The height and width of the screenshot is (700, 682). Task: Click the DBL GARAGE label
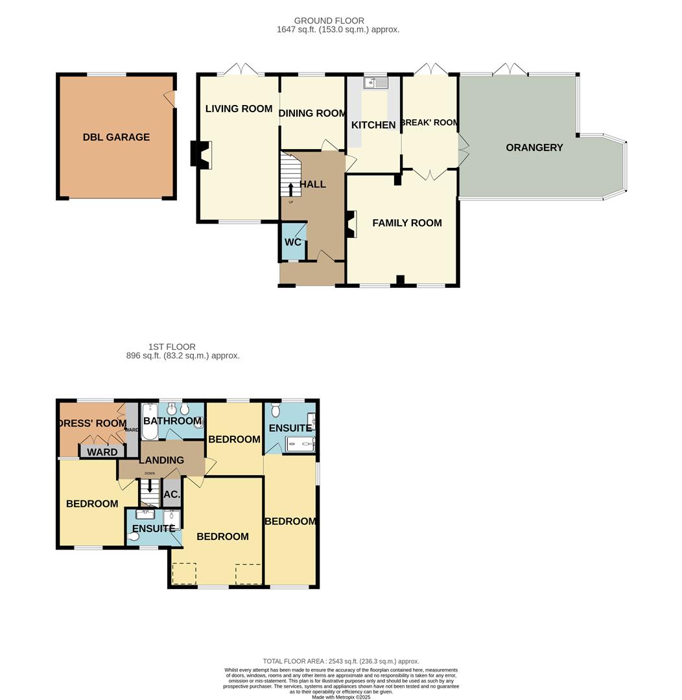116,137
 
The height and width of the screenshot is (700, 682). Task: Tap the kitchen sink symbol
375,82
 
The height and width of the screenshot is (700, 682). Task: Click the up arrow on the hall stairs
290,189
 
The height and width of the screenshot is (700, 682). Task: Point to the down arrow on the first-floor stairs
150,486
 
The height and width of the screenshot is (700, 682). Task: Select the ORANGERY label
534,147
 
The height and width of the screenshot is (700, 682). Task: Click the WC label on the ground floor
293,242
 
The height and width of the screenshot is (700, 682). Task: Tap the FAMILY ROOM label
407,223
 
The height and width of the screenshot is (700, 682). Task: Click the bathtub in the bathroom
149,421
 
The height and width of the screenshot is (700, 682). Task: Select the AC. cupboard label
172,495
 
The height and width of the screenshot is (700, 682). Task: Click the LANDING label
161,460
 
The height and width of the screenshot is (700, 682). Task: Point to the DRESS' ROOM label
93,423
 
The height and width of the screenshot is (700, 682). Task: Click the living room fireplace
201,154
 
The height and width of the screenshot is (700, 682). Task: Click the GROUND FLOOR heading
329,21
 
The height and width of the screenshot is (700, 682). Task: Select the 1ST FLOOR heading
172,347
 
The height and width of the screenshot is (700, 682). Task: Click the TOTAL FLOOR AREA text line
341,661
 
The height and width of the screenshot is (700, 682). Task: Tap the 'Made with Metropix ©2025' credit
341,697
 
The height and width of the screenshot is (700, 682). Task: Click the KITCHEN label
373,125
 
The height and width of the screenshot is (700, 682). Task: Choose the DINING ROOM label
312,113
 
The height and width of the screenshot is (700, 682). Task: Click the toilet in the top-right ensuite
275,410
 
